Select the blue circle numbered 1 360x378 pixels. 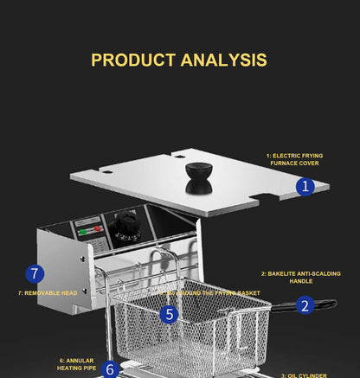click(305, 186)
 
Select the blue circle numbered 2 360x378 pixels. click(305, 304)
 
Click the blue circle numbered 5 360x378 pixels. click(170, 314)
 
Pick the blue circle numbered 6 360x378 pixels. click(109, 369)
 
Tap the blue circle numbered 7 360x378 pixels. click(34, 274)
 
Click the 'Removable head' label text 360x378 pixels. click(48, 293)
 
